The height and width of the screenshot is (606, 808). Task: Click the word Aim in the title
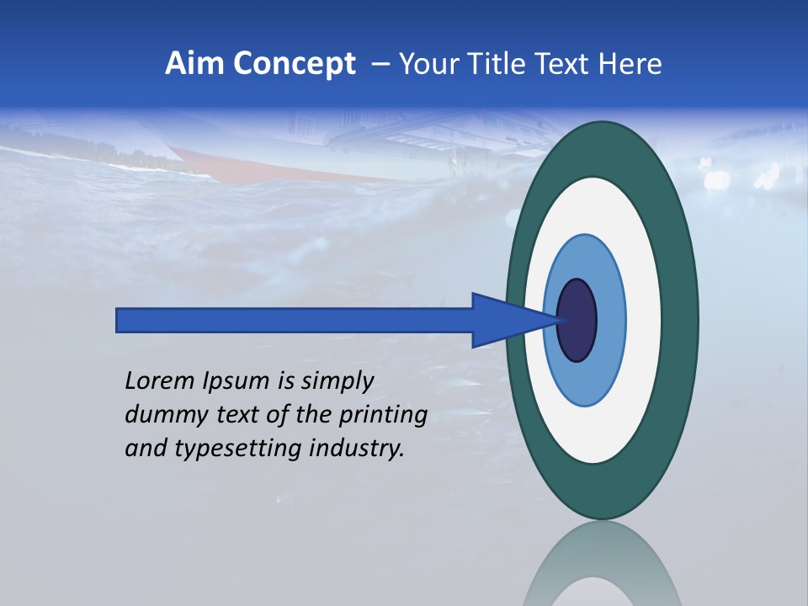pyautogui.click(x=193, y=64)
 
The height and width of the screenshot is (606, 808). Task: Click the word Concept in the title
pyautogui.click(x=292, y=64)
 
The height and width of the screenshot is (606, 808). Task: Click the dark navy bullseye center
pyautogui.click(x=577, y=321)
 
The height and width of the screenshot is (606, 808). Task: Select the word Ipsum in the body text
pyautogui.click(x=237, y=382)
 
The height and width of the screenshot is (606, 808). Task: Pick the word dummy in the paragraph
pyautogui.click(x=161, y=415)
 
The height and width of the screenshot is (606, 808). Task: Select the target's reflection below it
pyautogui.click(x=603, y=568)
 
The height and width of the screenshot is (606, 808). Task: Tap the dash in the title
pyautogui.click(x=380, y=65)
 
